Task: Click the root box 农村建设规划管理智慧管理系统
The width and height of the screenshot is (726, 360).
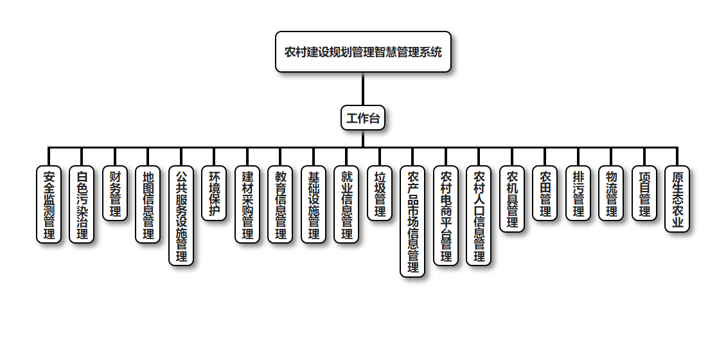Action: click(x=363, y=52)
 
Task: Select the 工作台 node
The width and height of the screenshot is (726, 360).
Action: click(x=363, y=118)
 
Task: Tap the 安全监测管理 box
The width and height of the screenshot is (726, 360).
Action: click(x=49, y=204)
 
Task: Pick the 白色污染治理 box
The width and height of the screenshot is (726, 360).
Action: click(x=82, y=204)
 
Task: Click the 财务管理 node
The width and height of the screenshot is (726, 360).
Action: click(x=115, y=194)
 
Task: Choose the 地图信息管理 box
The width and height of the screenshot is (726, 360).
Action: click(x=148, y=204)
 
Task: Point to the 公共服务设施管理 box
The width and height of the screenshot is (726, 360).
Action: click(x=181, y=215)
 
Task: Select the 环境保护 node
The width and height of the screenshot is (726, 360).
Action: click(x=214, y=194)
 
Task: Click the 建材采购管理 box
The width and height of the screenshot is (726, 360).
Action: click(x=247, y=204)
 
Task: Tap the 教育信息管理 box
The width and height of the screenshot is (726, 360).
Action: click(x=280, y=204)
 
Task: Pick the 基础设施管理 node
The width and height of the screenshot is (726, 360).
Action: click(x=314, y=204)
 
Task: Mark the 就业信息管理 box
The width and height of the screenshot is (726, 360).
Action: click(x=346, y=204)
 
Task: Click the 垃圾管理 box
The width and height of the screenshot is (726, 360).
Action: click(x=380, y=194)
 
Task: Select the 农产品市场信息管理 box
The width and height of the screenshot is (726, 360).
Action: click(x=412, y=221)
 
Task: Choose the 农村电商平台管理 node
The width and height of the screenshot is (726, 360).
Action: click(x=446, y=215)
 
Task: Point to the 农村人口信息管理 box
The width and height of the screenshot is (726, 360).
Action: click(x=479, y=215)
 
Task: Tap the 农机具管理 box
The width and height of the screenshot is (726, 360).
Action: click(x=512, y=199)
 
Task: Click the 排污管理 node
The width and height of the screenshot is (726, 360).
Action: click(x=578, y=194)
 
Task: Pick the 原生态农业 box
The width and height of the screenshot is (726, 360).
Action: click(x=677, y=199)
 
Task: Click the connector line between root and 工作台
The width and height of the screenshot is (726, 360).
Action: click(x=363, y=89)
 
